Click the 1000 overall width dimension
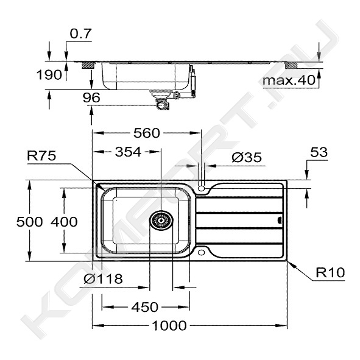pos(169,325)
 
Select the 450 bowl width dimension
pos(144,307)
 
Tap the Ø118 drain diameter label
pos(103,279)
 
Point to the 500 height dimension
pos(30,222)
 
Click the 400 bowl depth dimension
pos(64,222)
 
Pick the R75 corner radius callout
pos(41,156)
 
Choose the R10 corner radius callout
pos(330,272)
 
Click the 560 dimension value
pos(147,133)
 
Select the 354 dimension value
pos(128,152)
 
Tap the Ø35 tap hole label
pos(247,157)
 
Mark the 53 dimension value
pos(319,152)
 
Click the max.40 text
pos(289,80)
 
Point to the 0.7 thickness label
pos(81,34)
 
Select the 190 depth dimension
pos(49,75)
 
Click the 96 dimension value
pos(91,97)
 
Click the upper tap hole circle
pos(202,189)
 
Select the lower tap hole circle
pos(202,253)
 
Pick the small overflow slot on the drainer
pos(280,221)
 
